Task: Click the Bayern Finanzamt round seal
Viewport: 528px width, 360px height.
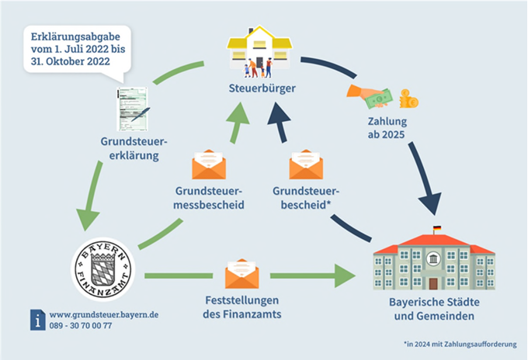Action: (x=103, y=269)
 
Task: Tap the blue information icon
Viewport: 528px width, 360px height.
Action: (x=38, y=320)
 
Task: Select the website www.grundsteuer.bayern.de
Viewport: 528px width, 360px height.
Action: (x=104, y=315)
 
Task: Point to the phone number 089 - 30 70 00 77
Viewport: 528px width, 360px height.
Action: (x=81, y=326)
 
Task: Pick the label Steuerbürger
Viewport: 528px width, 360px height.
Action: (x=262, y=88)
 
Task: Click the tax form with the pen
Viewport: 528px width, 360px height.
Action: (x=133, y=109)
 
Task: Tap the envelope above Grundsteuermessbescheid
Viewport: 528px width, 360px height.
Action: (x=209, y=164)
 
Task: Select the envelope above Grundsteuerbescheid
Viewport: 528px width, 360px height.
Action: (x=306, y=164)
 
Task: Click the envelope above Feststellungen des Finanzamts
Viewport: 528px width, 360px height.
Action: (x=241, y=274)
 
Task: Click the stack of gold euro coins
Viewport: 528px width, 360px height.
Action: (x=408, y=99)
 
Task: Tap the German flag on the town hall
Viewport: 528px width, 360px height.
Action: (x=436, y=228)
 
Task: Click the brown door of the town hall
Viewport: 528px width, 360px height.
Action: (x=433, y=284)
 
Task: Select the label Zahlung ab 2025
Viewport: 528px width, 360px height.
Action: (x=387, y=128)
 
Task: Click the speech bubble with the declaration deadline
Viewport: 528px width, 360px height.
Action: (x=77, y=50)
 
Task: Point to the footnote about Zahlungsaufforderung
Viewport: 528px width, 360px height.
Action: (x=460, y=344)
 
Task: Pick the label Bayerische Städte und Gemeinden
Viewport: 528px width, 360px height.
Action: (x=434, y=309)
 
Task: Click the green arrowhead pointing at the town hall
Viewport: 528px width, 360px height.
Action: (x=345, y=276)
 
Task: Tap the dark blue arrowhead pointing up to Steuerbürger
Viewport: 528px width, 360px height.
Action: (x=278, y=114)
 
